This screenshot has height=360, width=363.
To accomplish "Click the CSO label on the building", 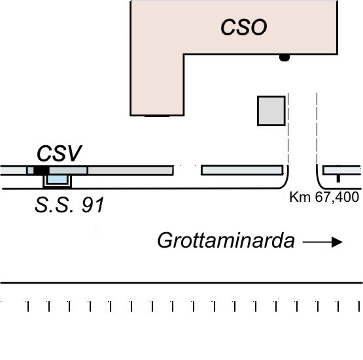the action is coord(244,27).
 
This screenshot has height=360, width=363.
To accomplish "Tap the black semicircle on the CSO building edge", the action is coord(285,57).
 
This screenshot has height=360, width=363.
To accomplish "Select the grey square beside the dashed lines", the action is coord(271,111).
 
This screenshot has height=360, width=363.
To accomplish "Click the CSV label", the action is coord(60,154).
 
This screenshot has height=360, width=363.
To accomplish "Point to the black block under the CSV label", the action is coord(41,171).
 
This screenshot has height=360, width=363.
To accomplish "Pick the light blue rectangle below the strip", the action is coord(57,180).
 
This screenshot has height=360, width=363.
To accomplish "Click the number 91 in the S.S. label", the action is coord(93,205).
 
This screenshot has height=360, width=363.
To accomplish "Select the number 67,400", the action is coord(337,197).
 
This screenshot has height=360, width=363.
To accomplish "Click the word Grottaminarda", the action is coord(226,240).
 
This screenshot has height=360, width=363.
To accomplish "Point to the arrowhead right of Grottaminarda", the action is coord(337,242).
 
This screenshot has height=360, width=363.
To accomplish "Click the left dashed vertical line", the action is coord(288,128).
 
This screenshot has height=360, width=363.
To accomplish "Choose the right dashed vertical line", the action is coord(317,128).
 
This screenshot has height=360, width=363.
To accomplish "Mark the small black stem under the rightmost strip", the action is coord(338,179).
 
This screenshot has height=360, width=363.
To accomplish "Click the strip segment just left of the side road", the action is coord(242,170).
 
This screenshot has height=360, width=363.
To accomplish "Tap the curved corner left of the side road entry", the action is coord(285,183).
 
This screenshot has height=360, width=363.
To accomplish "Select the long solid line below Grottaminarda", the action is coord(182,283).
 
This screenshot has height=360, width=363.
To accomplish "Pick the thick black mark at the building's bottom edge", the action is coord(157,116).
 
